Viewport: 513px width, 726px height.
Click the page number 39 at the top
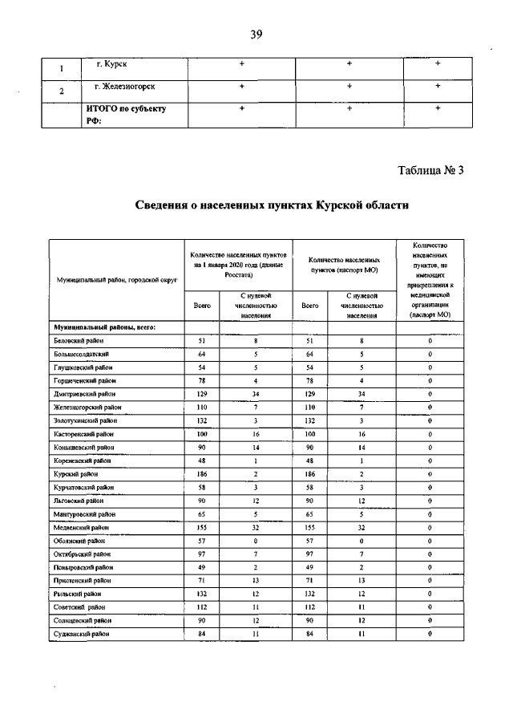(x=256, y=34)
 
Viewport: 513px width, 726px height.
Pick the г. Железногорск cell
(x=124, y=85)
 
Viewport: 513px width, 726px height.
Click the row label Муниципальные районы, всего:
(x=104, y=327)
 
